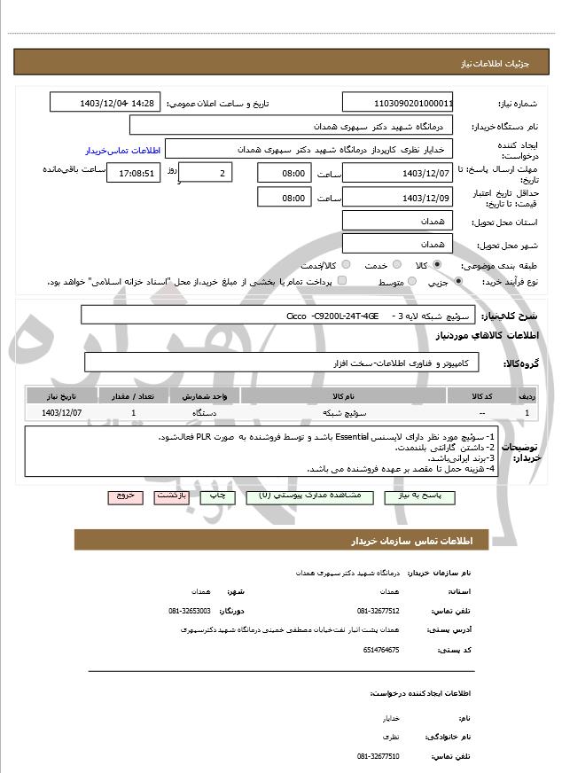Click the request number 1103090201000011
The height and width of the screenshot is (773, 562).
(x=397, y=103)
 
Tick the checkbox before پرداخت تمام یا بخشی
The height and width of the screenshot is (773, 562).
(x=342, y=282)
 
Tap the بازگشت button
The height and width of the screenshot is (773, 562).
(x=171, y=497)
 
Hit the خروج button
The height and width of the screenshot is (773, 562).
(x=125, y=497)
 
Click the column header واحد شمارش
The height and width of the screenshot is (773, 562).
(x=209, y=396)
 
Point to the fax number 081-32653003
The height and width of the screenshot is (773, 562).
(x=190, y=612)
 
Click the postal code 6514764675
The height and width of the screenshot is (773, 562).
(x=381, y=650)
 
